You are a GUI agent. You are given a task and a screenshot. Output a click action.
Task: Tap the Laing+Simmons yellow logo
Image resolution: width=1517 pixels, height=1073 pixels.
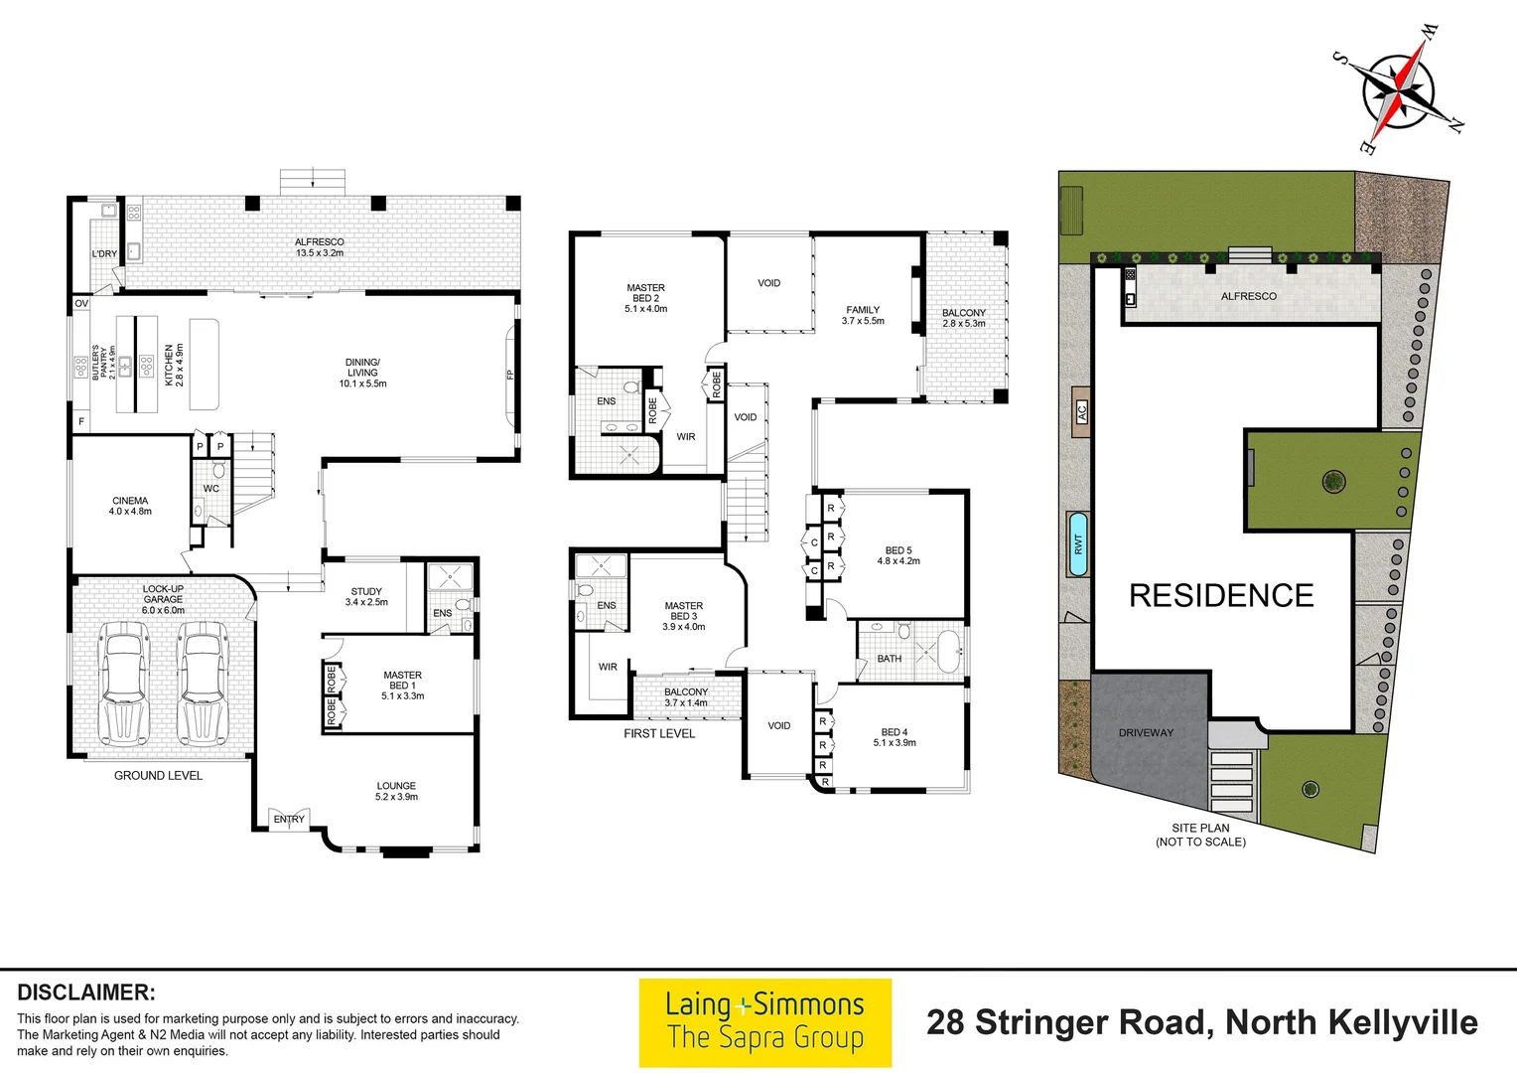[x=765, y=1023]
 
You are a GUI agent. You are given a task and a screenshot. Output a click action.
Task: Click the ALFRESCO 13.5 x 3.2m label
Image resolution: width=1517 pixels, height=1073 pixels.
[x=320, y=247]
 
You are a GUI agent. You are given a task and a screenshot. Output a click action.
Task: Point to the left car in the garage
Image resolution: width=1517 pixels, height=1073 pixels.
[x=124, y=684]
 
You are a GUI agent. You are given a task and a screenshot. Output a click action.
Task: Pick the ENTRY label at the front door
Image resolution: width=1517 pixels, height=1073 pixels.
[x=289, y=820]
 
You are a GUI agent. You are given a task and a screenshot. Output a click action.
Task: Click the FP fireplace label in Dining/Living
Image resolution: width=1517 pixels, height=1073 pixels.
[x=510, y=375]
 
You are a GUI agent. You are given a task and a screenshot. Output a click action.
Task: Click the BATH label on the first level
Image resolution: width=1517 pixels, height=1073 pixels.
[x=890, y=658]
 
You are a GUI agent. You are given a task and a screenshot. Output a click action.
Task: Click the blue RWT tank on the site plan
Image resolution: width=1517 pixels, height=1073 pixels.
[x=1078, y=544]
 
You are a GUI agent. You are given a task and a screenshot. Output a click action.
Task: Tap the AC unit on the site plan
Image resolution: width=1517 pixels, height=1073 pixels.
[x=1081, y=411]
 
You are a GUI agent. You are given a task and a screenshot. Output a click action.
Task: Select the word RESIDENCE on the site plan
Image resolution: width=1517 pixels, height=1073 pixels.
[x=1222, y=596]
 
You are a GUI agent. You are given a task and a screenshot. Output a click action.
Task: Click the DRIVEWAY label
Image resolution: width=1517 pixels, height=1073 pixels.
[x=1146, y=733]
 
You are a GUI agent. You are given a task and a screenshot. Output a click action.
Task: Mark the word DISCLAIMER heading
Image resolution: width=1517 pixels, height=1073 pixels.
[x=86, y=993]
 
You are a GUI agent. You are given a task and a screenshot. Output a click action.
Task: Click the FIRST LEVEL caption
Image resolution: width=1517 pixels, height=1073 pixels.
[x=659, y=733]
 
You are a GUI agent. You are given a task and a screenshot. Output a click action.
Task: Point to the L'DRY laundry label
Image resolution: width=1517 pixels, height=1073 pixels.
[x=104, y=253]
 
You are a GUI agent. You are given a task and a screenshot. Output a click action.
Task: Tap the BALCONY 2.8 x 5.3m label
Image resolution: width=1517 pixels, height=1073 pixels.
[x=964, y=318]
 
